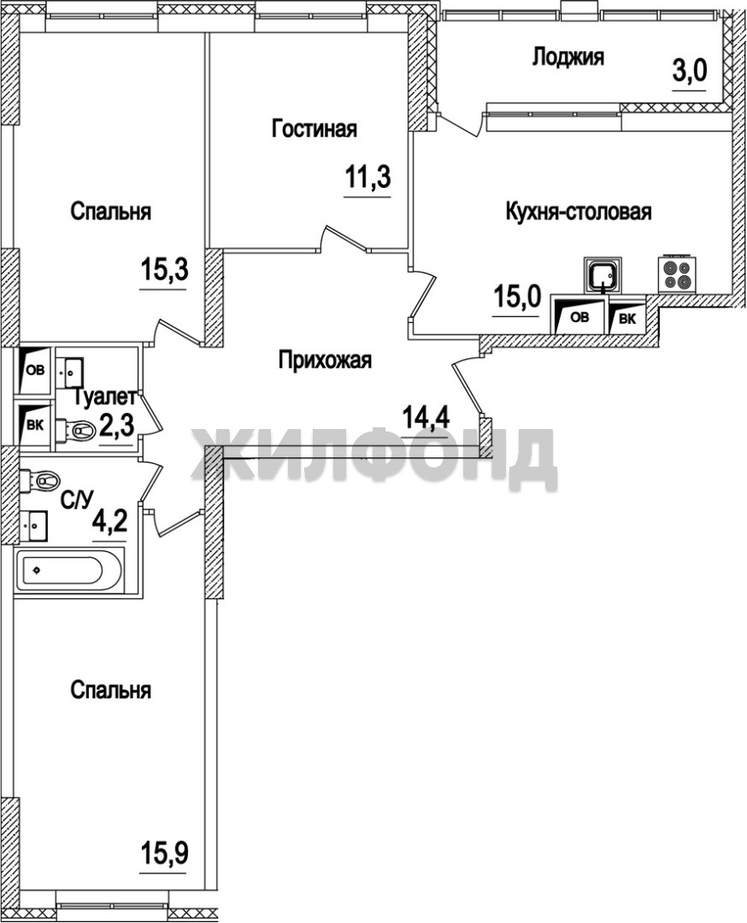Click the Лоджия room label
click(x=568, y=58)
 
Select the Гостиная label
click(x=315, y=128)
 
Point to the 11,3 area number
click(x=368, y=177)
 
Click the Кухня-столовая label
click(x=579, y=211)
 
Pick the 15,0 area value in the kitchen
click(x=515, y=298)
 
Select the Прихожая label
click(x=325, y=360)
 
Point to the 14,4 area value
click(x=426, y=419)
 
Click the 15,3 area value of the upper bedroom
click(x=163, y=272)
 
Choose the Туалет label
click(x=106, y=397)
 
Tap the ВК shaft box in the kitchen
click(x=627, y=318)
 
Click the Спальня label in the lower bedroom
click(x=110, y=690)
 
